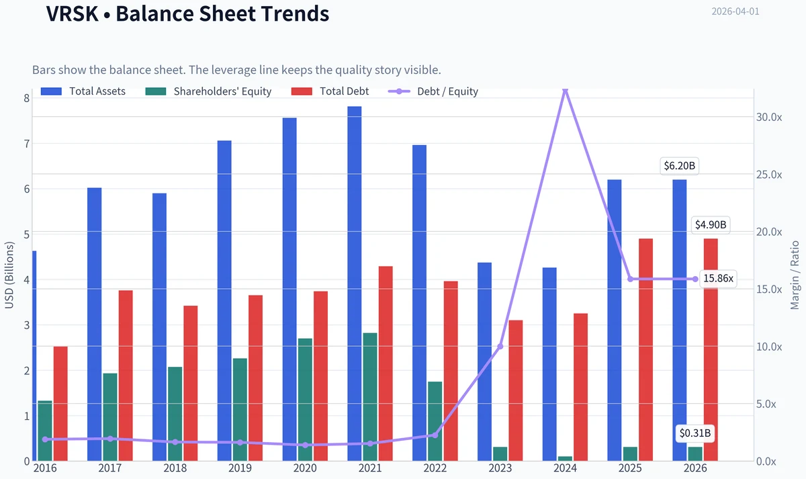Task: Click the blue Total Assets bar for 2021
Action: [x=355, y=284]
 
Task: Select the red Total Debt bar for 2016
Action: [x=60, y=404]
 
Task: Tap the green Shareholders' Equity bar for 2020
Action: [x=305, y=400]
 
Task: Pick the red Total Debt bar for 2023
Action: [x=516, y=390]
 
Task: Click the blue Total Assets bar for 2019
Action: [x=224, y=301]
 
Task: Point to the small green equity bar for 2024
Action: [x=565, y=458]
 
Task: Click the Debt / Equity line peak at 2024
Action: [x=565, y=90]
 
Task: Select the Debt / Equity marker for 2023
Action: [x=500, y=346]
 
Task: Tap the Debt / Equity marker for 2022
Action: [x=435, y=435]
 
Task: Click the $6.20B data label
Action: [x=679, y=166]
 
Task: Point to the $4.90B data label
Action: [x=711, y=225]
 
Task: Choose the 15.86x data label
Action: [x=718, y=279]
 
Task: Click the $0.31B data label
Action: [x=695, y=433]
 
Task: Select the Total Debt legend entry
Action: [x=330, y=91]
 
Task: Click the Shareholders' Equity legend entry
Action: [x=208, y=91]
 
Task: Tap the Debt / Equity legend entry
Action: [x=433, y=91]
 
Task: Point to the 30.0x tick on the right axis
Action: [x=769, y=117]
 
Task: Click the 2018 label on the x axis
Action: [x=175, y=468]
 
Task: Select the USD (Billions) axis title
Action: [x=9, y=275]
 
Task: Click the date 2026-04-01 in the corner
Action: [x=735, y=11]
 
